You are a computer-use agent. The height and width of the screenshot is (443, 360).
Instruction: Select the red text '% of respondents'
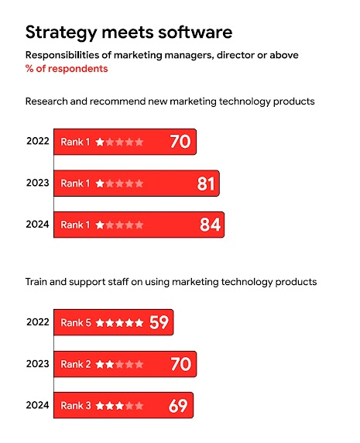point(67,69)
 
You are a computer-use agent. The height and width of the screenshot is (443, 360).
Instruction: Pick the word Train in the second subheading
point(39,282)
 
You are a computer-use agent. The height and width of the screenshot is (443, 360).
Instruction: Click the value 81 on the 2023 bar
point(206,184)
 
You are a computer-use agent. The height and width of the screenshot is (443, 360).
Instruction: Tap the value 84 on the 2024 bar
point(211,225)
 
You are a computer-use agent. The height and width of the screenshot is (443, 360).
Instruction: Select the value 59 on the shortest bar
point(159,322)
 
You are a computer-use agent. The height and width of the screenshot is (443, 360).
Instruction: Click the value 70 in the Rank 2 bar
point(180,364)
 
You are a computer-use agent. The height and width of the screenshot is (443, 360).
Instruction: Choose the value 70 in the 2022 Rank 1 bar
point(180,142)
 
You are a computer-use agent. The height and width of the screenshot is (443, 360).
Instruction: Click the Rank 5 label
point(76,323)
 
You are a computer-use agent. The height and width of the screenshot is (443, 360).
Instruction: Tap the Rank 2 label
point(76,364)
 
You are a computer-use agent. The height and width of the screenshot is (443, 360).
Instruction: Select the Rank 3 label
point(76,405)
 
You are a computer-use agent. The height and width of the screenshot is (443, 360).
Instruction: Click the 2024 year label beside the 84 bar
point(37,225)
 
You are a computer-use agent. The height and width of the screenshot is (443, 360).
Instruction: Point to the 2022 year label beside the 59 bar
point(37,323)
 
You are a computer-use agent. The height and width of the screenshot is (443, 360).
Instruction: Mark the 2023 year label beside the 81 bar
point(37,184)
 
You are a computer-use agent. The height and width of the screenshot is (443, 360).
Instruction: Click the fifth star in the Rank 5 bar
point(139,323)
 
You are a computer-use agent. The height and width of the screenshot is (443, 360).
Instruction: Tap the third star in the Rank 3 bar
point(120,405)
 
